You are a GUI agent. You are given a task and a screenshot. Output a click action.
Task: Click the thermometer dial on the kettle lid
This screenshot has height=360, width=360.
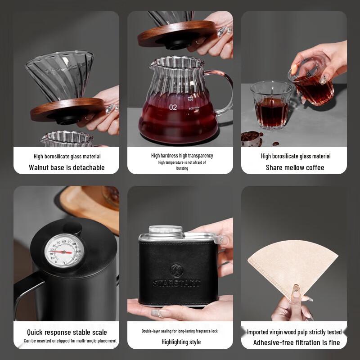(x=63, y=251)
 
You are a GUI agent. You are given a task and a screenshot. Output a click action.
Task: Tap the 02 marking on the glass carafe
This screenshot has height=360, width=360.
(x=173, y=107)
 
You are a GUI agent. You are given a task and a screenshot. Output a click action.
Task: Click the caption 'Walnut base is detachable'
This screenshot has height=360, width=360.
(x=67, y=167)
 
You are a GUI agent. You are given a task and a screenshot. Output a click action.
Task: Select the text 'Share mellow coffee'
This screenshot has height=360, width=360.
(x=295, y=167)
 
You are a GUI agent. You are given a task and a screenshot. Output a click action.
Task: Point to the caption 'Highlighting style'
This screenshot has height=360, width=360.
(x=181, y=342)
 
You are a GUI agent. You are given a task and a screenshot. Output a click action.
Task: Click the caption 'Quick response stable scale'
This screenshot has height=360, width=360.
(x=67, y=332)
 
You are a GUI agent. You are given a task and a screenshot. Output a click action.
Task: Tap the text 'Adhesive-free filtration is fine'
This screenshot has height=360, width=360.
(x=297, y=342)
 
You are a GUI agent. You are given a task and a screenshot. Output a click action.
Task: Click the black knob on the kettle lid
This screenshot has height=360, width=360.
(x=72, y=229)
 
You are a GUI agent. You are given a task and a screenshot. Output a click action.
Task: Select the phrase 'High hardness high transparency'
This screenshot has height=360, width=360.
(x=182, y=156)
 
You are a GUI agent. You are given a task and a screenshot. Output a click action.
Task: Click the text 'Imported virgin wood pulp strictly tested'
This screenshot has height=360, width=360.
(x=294, y=332)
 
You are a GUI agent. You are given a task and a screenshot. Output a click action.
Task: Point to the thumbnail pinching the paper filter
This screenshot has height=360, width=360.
(x=296, y=291)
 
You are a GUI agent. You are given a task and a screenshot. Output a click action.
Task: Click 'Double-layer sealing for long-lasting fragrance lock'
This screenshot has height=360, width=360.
(x=180, y=331)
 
